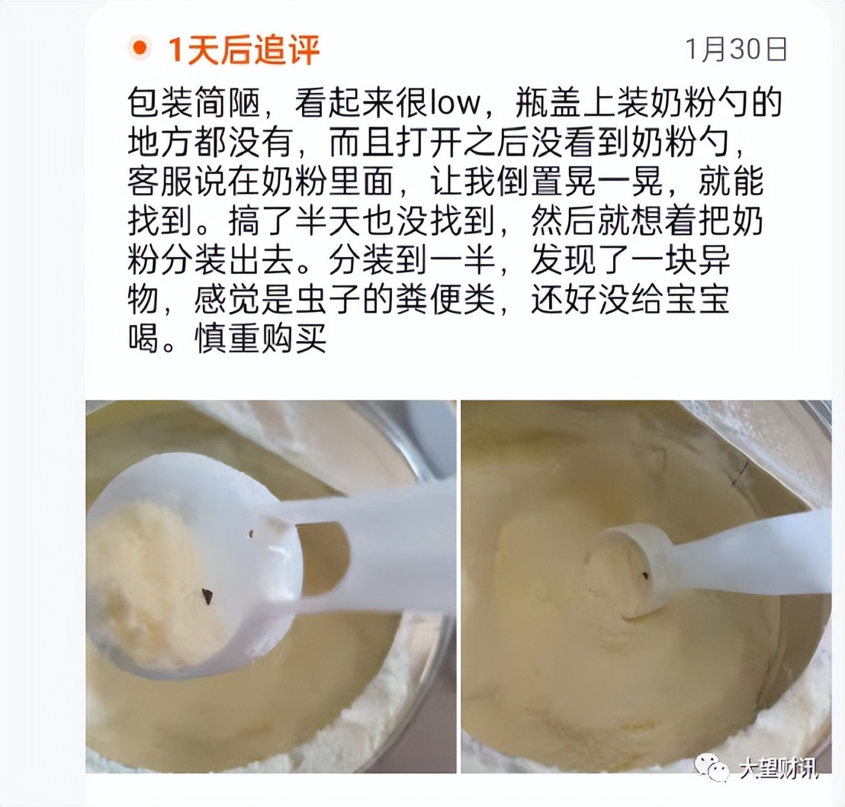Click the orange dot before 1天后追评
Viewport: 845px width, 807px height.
(140, 50)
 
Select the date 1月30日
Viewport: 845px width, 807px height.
(736, 50)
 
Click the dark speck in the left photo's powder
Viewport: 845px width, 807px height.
(207, 595)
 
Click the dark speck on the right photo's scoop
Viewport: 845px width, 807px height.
(646, 575)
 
